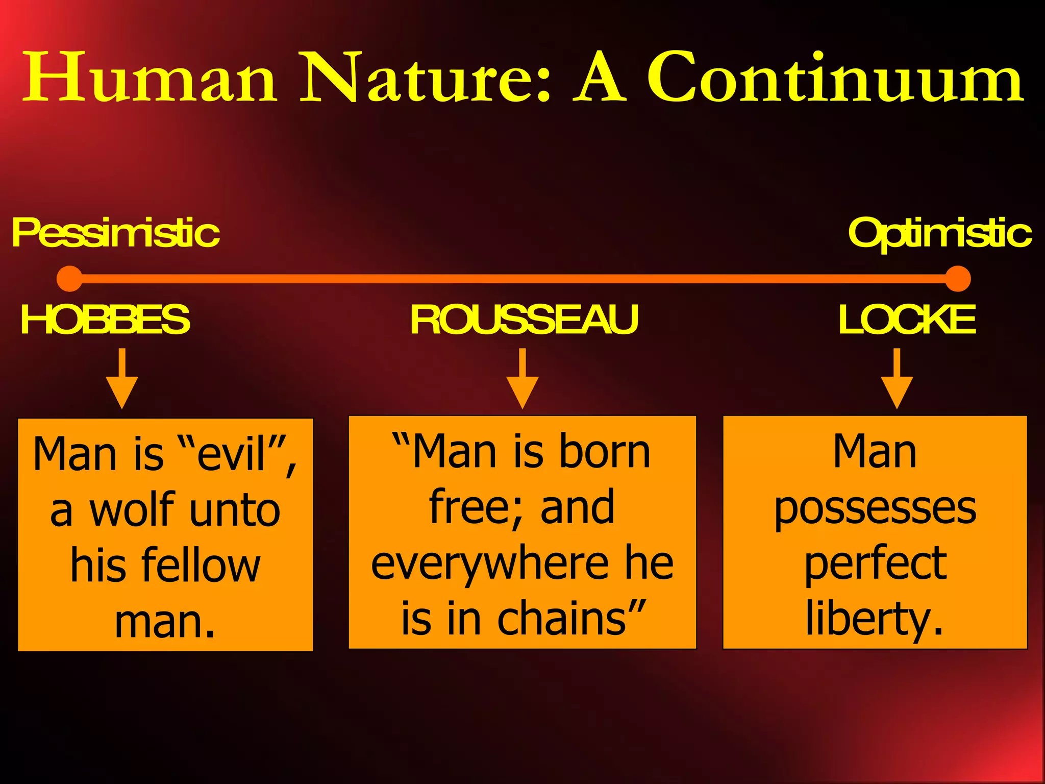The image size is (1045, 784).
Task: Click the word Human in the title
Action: [151, 78]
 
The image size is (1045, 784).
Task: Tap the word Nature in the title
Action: [425, 78]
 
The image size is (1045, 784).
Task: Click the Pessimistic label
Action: [115, 233]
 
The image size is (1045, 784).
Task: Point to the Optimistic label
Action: [939, 233]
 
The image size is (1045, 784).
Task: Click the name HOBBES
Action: [105, 320]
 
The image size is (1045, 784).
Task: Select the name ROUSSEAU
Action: [524, 320]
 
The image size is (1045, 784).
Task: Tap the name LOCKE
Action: [907, 320]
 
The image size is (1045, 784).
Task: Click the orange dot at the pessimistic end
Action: [69, 279]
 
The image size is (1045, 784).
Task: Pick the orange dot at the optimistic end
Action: [957, 279]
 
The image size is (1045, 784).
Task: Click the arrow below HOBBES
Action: [122, 380]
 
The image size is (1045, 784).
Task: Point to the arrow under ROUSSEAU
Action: [522, 380]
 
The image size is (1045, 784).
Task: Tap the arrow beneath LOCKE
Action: [897, 380]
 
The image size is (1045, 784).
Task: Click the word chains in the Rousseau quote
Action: [561, 618]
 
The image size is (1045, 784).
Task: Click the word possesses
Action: [875, 509]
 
